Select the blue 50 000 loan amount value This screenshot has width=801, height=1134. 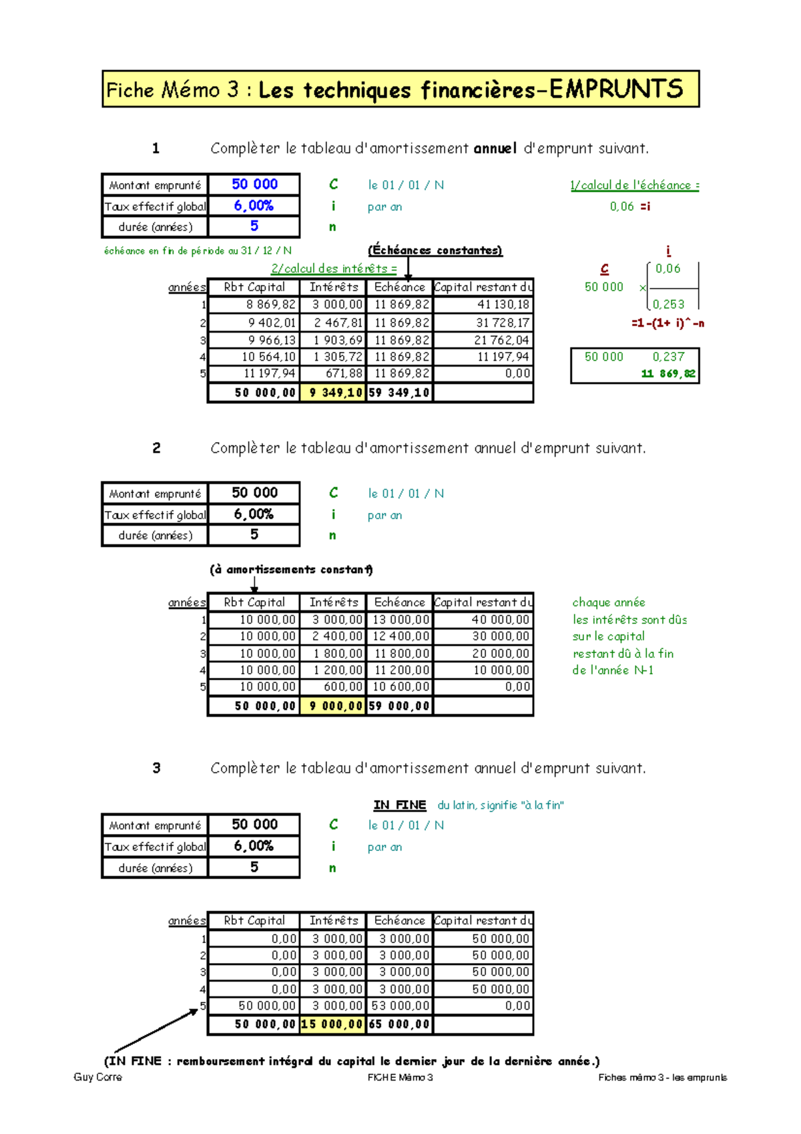254,184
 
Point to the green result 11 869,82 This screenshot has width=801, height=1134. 667,374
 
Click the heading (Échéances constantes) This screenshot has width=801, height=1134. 435,250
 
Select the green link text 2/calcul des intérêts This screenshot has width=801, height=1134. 333,268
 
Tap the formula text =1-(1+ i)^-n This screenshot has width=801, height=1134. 667,323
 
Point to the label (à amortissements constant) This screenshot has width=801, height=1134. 291,570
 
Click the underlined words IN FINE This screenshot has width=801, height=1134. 399,805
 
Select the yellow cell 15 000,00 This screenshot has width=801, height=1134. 332,1024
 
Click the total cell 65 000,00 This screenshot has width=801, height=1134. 399,1024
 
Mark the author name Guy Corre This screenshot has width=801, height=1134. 97,1077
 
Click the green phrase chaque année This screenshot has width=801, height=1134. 608,602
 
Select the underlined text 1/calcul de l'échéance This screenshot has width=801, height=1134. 634,186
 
